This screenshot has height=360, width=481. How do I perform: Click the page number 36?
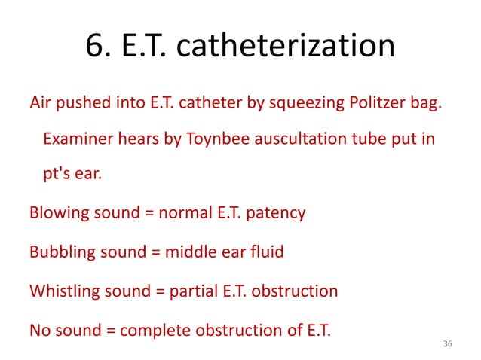[448, 343]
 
